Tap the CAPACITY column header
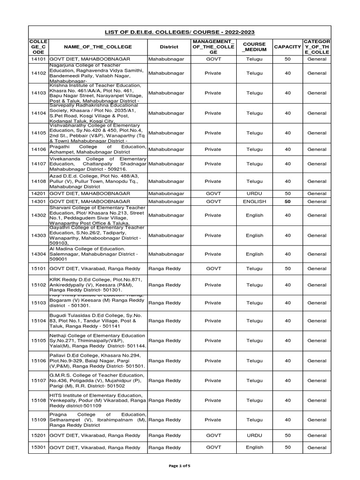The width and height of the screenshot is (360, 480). coord(287,47)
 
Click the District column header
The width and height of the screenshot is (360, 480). coord(168,47)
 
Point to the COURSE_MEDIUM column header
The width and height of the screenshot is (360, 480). coord(255,47)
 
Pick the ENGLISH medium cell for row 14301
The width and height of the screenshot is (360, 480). coord(255,201)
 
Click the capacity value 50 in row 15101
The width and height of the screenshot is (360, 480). coord(287,269)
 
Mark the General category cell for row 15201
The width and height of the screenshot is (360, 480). coord(317,435)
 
